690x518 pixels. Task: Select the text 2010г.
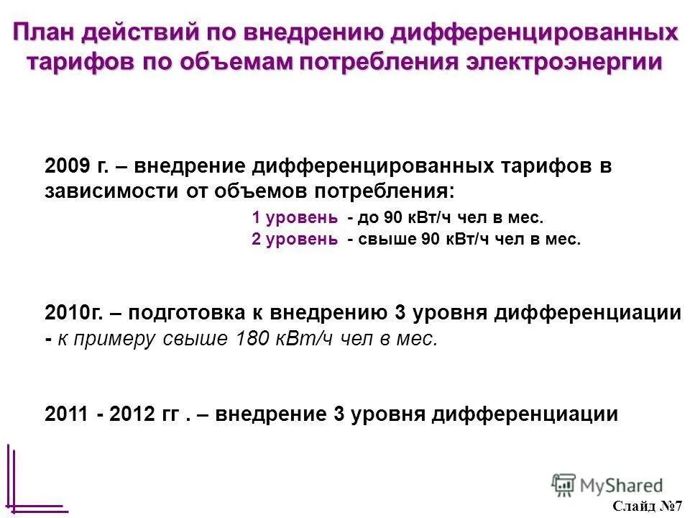click(x=75, y=314)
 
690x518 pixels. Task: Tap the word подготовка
click(x=195, y=314)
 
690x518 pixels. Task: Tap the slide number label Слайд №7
click(x=649, y=506)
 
